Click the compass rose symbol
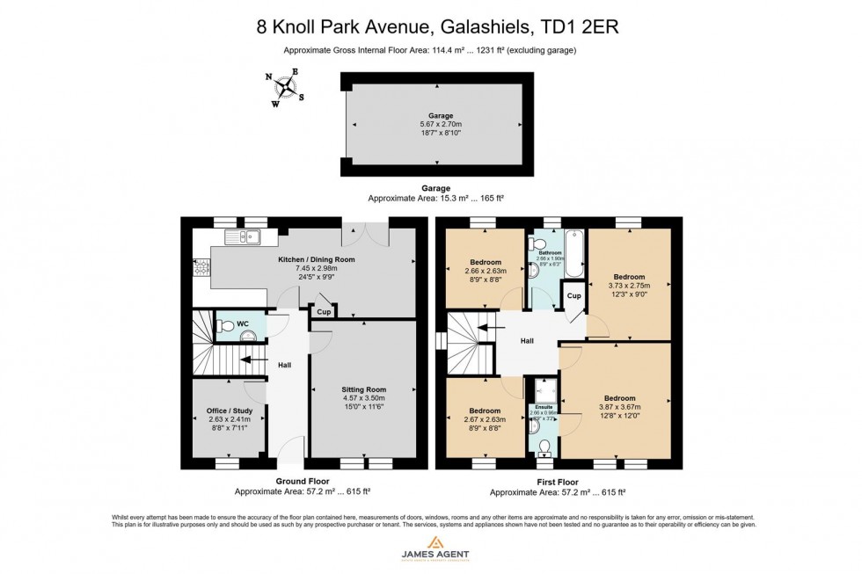pyautogui.click(x=286, y=87)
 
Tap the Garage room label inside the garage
pyautogui.click(x=440, y=115)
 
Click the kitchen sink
pyautogui.click(x=240, y=236)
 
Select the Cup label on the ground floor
pyautogui.click(x=324, y=311)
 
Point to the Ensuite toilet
pyautogui.click(x=543, y=447)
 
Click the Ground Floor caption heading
pyautogui.click(x=302, y=481)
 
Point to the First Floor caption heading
pyautogui.click(x=557, y=481)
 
